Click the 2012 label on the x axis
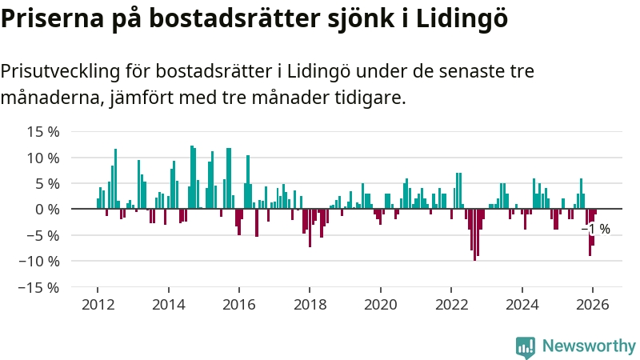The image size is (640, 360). pyautogui.click(x=98, y=304)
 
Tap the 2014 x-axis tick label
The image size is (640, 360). pyautogui.click(x=168, y=304)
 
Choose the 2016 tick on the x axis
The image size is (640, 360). pyautogui.click(x=238, y=304)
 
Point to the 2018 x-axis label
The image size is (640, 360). pyautogui.click(x=310, y=304)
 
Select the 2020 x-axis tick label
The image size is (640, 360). pyautogui.click(x=380, y=304)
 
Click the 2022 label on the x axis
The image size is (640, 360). pyautogui.click(x=451, y=304)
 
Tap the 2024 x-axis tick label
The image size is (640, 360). pyautogui.click(x=522, y=304)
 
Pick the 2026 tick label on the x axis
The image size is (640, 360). pyautogui.click(x=592, y=304)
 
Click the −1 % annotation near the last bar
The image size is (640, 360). pyautogui.click(x=596, y=230)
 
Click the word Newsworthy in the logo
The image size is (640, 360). pyautogui.click(x=589, y=346)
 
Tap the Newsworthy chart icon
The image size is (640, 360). pyautogui.click(x=526, y=346)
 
